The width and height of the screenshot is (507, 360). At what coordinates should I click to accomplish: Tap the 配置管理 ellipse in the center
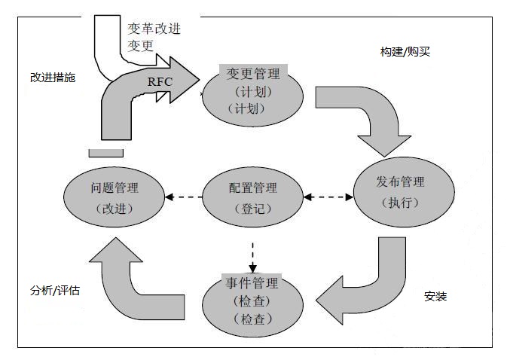click(x=253, y=197)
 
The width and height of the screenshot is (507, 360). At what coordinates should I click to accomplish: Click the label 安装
click(x=435, y=296)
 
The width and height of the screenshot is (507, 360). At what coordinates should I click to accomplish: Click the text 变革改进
click(x=154, y=29)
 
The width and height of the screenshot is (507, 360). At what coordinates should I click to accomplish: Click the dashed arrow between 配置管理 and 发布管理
click(x=328, y=197)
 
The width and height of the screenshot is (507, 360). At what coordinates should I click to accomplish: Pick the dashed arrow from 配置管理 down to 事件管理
click(x=252, y=257)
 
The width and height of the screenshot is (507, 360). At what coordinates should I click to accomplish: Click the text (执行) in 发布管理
click(x=399, y=203)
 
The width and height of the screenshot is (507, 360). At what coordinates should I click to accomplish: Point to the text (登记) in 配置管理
click(x=253, y=209)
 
